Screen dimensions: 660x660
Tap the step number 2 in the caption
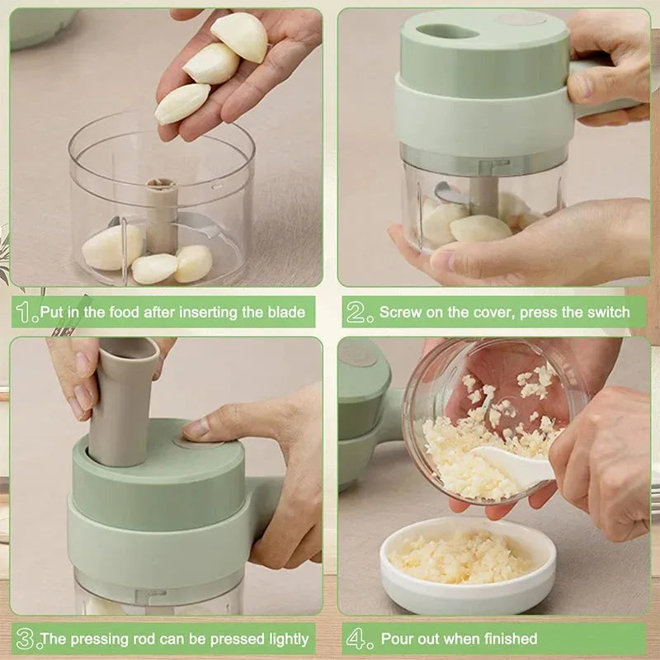[359, 312]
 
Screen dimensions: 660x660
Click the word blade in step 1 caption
[286, 313]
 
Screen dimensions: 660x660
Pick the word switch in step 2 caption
[609, 313]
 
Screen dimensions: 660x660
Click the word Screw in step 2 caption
[399, 313]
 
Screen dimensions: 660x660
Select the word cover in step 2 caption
[502, 313]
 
